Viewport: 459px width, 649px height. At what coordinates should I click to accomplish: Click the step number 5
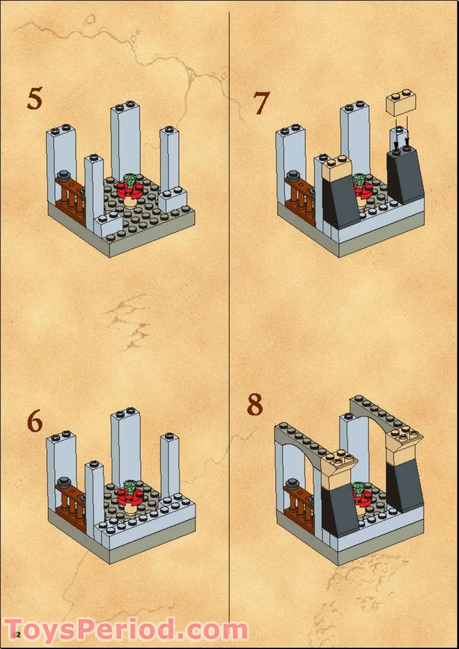coord(35,99)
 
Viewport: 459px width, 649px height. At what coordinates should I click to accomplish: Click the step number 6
coord(35,422)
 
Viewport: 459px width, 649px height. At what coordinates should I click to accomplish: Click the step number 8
coord(255,405)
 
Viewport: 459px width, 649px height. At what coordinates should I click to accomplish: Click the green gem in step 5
coord(131,180)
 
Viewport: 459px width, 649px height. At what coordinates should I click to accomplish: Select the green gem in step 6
coord(131,486)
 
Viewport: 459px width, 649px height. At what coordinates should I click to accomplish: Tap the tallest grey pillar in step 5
coord(125,141)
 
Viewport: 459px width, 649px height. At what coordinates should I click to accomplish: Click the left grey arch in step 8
coord(301,443)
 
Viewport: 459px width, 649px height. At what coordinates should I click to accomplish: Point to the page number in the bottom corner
coord(17,634)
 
